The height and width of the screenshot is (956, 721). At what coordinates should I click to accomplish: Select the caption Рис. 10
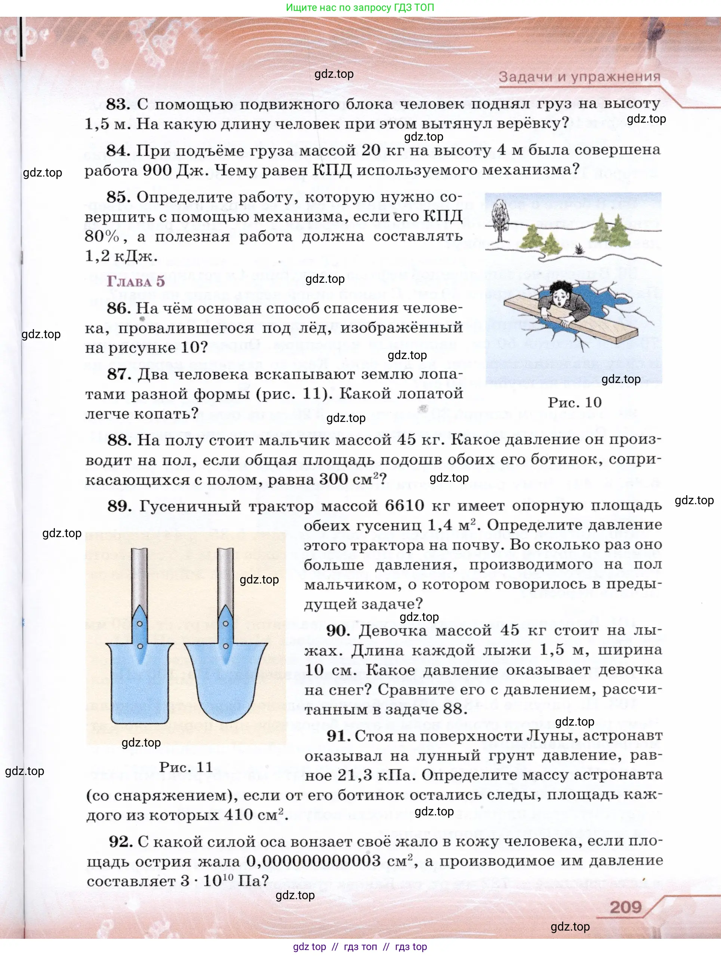(x=574, y=402)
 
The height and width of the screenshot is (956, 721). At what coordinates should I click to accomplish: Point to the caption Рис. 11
(x=186, y=767)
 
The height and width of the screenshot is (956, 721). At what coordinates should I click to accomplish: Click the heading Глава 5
(x=136, y=281)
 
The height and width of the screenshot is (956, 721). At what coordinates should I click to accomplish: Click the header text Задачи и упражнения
(x=579, y=77)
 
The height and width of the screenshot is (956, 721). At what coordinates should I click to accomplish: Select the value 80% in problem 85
(x=102, y=236)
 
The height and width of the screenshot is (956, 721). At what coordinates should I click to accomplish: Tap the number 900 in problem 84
(x=157, y=170)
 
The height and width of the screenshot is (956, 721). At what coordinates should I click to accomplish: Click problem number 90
(x=338, y=631)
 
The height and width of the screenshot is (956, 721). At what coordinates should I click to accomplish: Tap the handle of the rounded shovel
(x=225, y=579)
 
